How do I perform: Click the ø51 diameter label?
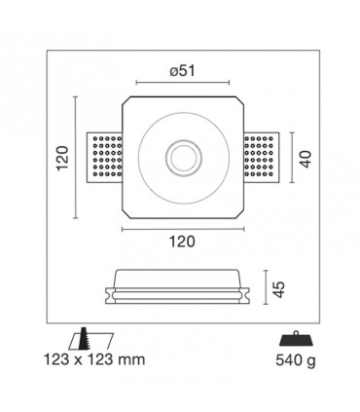click(x=183, y=71)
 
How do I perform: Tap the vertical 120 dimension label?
click(x=62, y=158)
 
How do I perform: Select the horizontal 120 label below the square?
click(x=182, y=242)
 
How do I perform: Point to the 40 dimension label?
click(x=306, y=159)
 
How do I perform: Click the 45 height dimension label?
click(x=278, y=289)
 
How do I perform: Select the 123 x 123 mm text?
click(x=94, y=359)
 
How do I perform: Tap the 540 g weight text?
click(x=296, y=360)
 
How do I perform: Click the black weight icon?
click(x=296, y=338)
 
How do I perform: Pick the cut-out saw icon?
click(x=91, y=339)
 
